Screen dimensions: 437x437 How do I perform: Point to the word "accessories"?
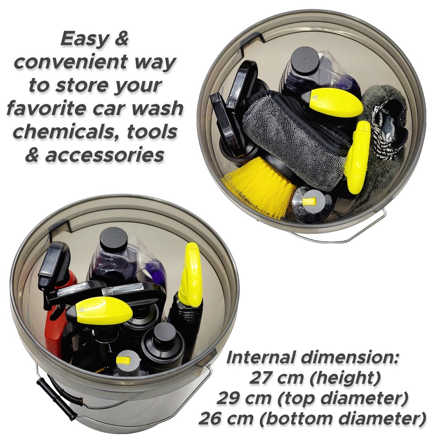pyautogui.click(x=104, y=155)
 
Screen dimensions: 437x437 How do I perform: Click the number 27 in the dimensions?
pyautogui.click(x=260, y=378)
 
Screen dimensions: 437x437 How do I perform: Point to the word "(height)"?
pyautogui.click(x=329, y=378)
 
